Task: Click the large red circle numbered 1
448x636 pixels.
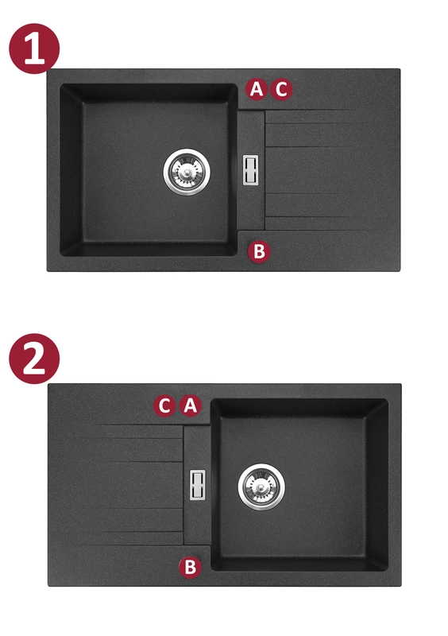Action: tap(34, 48)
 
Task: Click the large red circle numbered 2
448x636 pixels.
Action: tap(34, 359)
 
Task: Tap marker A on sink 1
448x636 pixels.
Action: tap(257, 89)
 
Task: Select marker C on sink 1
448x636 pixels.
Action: tap(281, 89)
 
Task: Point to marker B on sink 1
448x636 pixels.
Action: tap(259, 251)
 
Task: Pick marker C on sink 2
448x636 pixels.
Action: tap(164, 405)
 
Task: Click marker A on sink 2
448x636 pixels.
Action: tap(190, 405)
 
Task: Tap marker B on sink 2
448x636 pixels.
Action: tap(190, 567)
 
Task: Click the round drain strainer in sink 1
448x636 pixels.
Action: tap(187, 172)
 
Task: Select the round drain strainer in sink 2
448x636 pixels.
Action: tap(261, 487)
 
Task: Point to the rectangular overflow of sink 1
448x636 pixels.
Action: tap(250, 170)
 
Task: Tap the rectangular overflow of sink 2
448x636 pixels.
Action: tap(198, 485)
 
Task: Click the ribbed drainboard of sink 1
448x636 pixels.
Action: tap(332, 170)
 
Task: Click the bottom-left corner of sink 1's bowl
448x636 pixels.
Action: tap(61, 254)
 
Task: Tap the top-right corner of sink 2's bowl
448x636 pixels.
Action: tap(387, 400)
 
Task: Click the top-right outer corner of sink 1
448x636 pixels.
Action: tap(400, 69)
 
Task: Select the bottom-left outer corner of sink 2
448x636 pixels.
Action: tap(48, 586)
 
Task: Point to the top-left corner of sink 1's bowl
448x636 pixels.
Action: tap(61, 85)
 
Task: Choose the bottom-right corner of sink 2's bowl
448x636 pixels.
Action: tap(387, 570)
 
